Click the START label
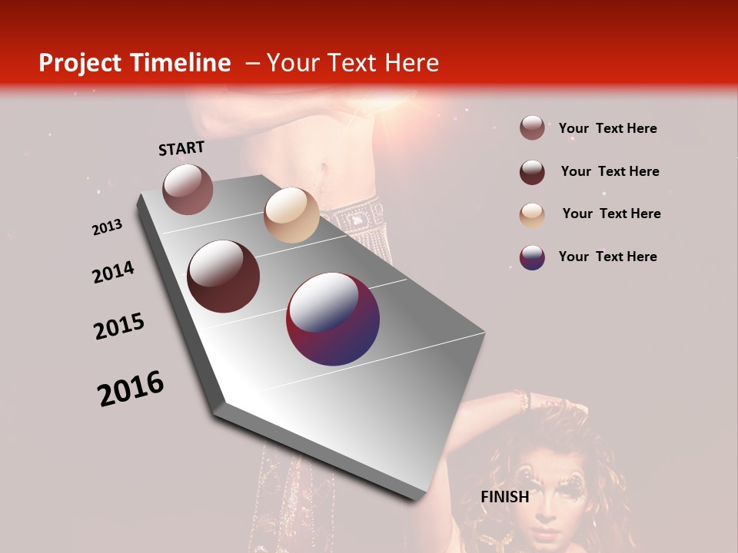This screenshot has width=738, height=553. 181,147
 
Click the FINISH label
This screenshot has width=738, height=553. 504,497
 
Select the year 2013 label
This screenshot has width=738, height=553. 107,227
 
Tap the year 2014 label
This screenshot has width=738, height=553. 113,272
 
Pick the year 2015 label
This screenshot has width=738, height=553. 118,326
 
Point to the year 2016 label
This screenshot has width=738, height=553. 130,388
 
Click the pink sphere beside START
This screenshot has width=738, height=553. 188,189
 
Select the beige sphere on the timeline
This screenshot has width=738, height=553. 291,215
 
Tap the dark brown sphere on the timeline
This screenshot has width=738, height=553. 224,276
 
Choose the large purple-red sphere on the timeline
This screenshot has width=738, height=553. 333,319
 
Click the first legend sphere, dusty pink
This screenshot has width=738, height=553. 532,128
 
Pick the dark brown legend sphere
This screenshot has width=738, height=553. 532,172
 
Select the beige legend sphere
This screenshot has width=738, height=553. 532,215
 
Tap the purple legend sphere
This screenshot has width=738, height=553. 532,257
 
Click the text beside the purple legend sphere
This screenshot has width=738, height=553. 607,257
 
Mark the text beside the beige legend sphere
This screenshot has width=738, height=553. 611,214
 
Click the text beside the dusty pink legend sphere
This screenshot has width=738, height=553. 607,128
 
